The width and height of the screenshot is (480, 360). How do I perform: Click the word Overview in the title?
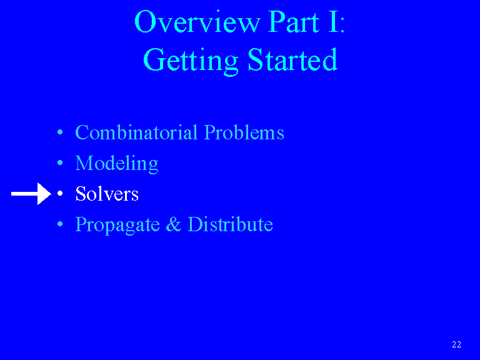[197, 21]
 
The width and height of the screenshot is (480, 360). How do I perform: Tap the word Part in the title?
[294, 21]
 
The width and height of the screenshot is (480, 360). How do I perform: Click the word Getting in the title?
[191, 61]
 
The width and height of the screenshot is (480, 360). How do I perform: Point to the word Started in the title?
[292, 60]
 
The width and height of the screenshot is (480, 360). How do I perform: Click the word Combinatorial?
[136, 132]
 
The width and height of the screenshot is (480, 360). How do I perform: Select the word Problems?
[244, 132]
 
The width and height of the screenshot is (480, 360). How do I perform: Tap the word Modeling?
[117, 164]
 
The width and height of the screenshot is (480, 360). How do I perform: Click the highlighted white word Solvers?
[107, 194]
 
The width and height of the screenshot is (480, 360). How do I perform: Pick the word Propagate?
[117, 225]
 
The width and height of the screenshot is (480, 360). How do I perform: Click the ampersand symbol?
[173, 224]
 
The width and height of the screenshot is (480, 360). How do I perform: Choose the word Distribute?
[230, 224]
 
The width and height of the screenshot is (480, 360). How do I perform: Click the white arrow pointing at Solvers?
[31, 194]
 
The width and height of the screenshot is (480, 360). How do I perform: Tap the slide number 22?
[456, 345]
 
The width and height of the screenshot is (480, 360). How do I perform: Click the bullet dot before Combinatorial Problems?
[60, 132]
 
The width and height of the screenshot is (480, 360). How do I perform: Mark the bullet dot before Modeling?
[60, 163]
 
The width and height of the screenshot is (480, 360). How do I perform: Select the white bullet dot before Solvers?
[60, 194]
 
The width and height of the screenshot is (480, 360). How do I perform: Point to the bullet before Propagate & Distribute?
[60, 224]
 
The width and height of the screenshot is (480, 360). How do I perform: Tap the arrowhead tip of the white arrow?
[51, 194]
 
